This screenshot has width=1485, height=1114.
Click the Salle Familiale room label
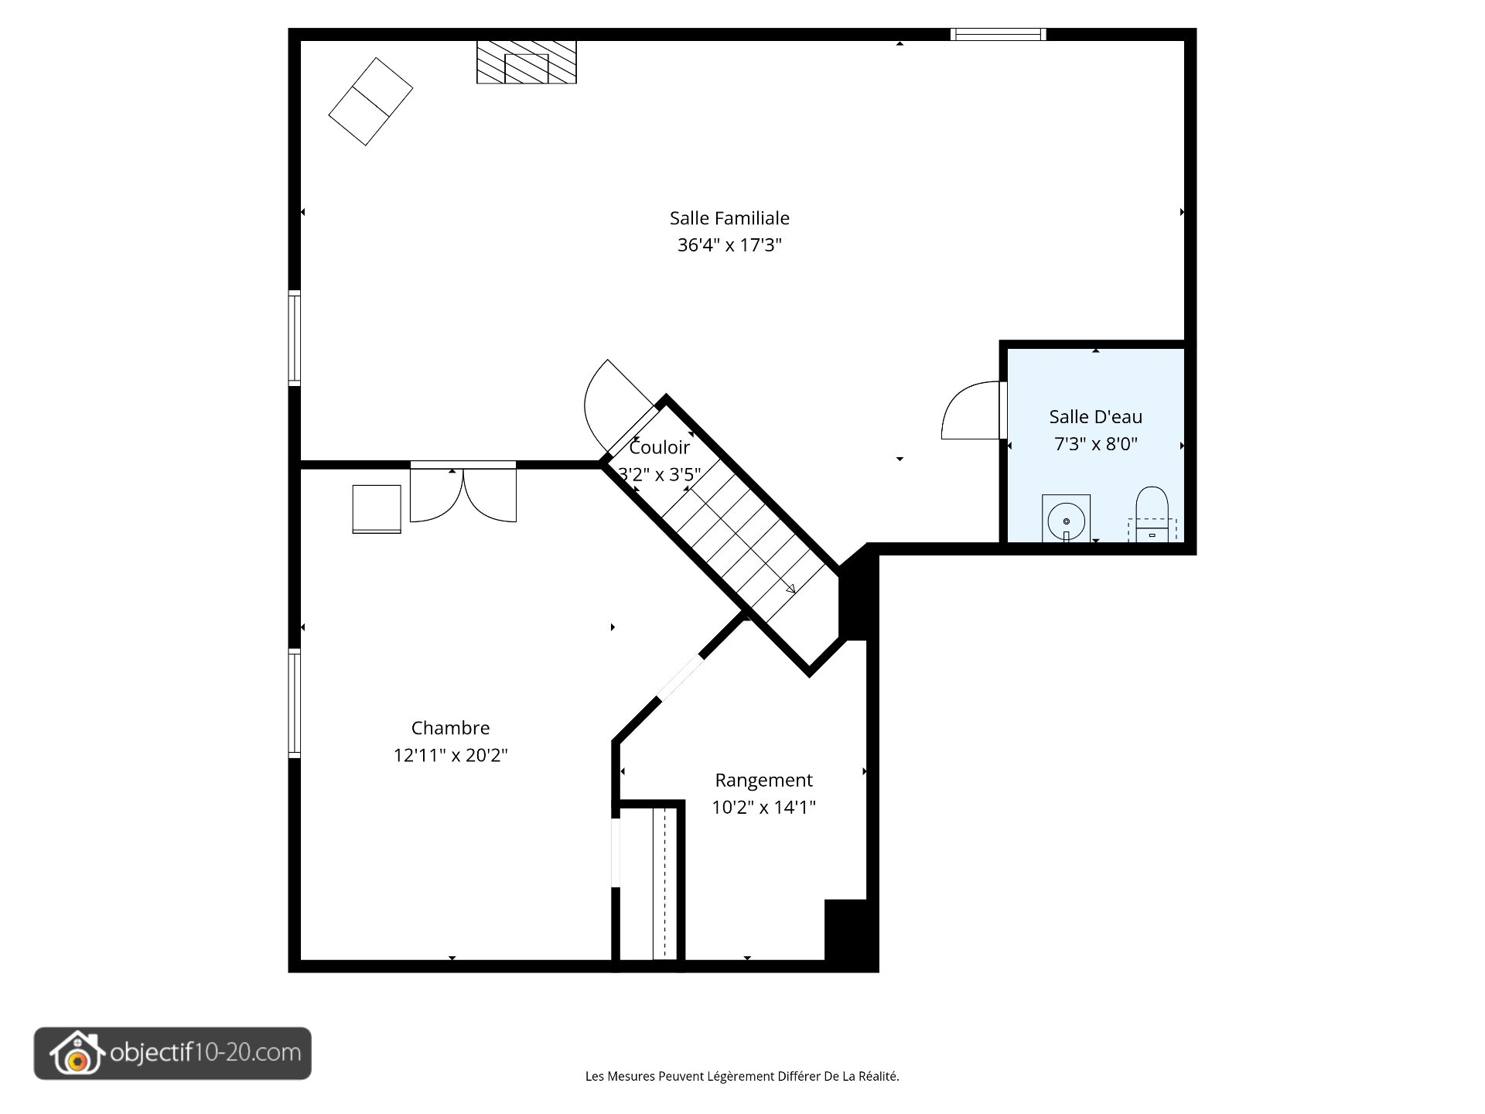[x=729, y=218]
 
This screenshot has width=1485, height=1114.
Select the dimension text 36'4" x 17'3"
[x=729, y=245]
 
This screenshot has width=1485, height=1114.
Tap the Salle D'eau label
[x=1095, y=417]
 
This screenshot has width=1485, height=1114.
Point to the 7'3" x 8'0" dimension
[x=1095, y=444]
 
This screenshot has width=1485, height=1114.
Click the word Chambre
[x=450, y=728]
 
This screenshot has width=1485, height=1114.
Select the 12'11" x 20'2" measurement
[x=450, y=755]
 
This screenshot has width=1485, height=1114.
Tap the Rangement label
[x=763, y=781]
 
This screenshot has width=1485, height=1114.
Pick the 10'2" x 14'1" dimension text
[x=763, y=808]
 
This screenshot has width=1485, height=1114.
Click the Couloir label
[x=659, y=447]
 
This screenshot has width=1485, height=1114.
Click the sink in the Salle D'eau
[x=1066, y=519]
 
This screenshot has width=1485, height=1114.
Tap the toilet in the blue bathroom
[x=1152, y=514]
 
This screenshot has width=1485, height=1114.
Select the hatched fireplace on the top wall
[x=526, y=62]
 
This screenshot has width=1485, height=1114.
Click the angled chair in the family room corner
[x=370, y=101]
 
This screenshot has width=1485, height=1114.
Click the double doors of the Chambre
[x=463, y=494]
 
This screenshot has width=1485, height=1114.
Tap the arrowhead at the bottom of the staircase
[x=790, y=589]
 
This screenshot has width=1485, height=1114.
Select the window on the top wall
[x=998, y=34]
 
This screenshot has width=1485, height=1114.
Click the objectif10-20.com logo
[x=172, y=1053]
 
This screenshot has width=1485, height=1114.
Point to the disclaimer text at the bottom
[x=742, y=1076]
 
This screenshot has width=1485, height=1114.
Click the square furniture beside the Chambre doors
[x=377, y=509]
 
